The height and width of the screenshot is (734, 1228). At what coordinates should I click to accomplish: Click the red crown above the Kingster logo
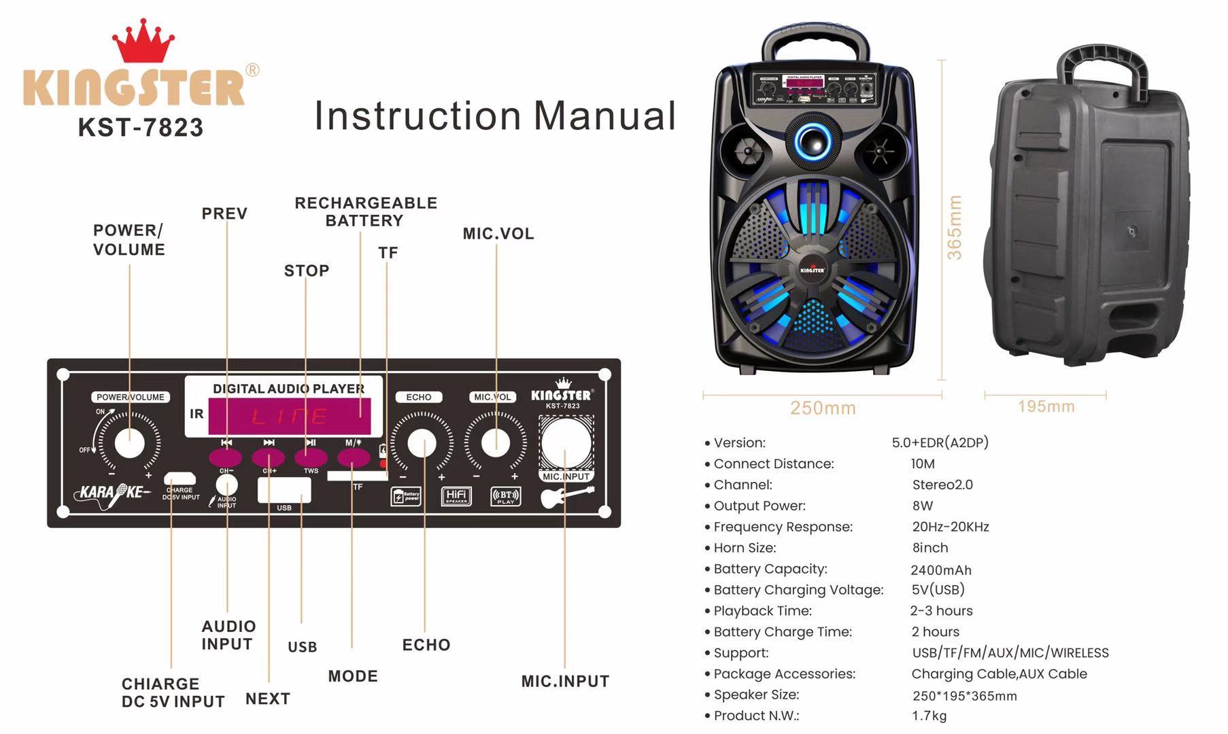pyautogui.click(x=143, y=42)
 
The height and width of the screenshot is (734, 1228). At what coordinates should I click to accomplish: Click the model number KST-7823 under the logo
pyautogui.click(x=141, y=128)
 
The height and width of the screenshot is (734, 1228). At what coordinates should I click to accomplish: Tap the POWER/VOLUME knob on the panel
pyautogui.click(x=130, y=444)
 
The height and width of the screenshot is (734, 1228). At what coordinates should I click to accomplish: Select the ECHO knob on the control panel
pyautogui.click(x=422, y=443)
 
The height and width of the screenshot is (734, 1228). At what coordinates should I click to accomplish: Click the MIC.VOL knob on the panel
pyautogui.click(x=496, y=442)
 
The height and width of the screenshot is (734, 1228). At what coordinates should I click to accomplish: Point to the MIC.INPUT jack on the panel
pyautogui.click(x=566, y=443)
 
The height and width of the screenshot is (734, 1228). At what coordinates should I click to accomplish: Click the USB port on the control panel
pyautogui.click(x=284, y=489)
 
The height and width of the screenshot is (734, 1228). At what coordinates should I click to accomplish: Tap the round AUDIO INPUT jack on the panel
pyautogui.click(x=226, y=485)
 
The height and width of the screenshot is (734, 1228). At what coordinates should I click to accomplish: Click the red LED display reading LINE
pyautogui.click(x=290, y=416)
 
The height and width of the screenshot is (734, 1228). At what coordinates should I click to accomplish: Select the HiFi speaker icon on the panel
pyautogui.click(x=456, y=496)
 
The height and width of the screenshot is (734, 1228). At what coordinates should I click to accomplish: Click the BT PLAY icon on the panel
pyautogui.click(x=506, y=497)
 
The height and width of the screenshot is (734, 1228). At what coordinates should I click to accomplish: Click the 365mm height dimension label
pyautogui.click(x=955, y=227)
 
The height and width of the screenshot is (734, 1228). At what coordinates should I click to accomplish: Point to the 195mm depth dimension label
pyautogui.click(x=1046, y=406)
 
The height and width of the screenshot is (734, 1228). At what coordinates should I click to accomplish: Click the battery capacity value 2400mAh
pyautogui.click(x=941, y=570)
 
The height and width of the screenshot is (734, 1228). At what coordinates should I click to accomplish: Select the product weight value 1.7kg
pyautogui.click(x=929, y=716)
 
